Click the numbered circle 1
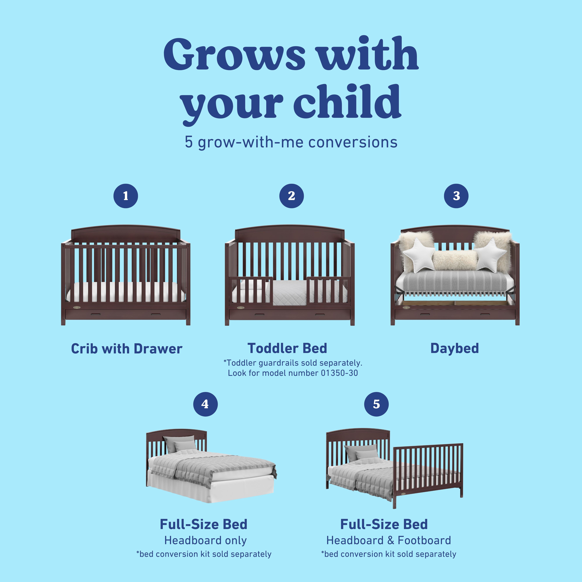126,196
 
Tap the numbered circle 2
291,196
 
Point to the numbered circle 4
205,404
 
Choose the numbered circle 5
376,404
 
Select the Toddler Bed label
287,348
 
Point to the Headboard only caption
205,540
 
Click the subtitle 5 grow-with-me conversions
291,142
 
